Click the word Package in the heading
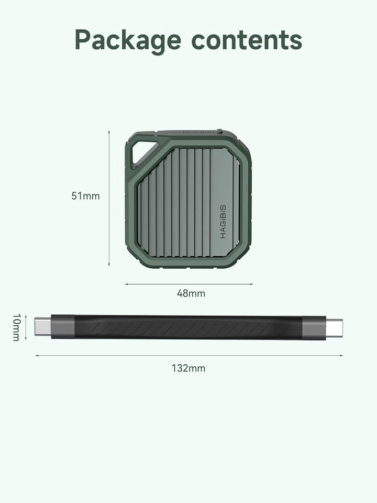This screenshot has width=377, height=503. click(128, 40)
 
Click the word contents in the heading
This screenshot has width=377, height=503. click(247, 40)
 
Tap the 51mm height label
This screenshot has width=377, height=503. click(85, 195)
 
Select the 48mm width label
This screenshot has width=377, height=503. click(191, 293)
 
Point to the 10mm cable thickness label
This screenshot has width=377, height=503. click(17, 327)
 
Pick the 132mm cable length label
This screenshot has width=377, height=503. click(188, 368)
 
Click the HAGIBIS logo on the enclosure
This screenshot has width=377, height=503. click(223, 222)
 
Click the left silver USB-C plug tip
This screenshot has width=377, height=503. click(43, 326)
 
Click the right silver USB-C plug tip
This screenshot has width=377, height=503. click(334, 328)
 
